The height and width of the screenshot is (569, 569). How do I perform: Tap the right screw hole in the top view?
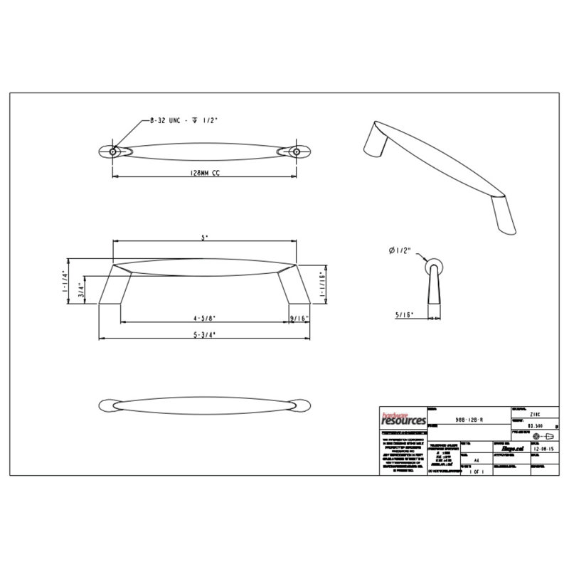[298, 151]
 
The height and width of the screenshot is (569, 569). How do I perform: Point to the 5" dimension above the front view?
[205, 239]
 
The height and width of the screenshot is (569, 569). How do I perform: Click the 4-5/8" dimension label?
[204, 318]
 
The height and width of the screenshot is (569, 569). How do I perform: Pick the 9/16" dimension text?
[299, 318]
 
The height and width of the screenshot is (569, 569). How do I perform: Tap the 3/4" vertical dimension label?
[82, 290]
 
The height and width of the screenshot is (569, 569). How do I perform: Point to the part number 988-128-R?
[469, 420]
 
